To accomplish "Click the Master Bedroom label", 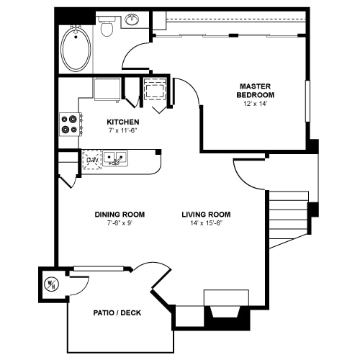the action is point(256,91).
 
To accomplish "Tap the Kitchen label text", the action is point(123,122).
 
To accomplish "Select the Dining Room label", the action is point(120,215).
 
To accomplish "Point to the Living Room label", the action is point(206,215).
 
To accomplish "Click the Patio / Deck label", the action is point(117,312).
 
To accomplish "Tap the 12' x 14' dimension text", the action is point(256,104).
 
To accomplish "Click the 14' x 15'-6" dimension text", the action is point(207,223).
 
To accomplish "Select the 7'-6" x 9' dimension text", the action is point(120,223).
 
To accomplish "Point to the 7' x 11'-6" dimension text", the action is point(123,131).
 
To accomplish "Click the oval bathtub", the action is point(76,49).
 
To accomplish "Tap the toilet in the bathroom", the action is point(107,26).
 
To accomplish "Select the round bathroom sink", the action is point(132,20).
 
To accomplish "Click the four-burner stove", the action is point(71,125).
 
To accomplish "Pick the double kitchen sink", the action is point(115,158).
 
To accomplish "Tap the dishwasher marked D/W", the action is point(91,160).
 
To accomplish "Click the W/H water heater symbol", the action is point(52,284).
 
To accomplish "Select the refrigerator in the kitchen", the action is point(107,89).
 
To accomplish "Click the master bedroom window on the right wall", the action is point(307,101).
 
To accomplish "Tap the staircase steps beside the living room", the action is point(289,217).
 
